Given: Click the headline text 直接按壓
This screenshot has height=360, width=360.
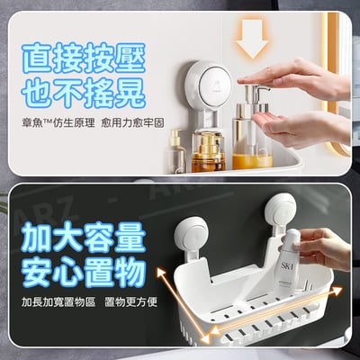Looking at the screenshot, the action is tap(84, 58).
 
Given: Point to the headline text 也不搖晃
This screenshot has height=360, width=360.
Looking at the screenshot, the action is tap(84, 93).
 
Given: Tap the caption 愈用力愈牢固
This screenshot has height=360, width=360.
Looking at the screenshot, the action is tap(133, 123).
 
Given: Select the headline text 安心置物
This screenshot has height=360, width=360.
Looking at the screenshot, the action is tap(84, 273).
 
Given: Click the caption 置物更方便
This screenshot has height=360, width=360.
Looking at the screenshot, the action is tap(131, 302).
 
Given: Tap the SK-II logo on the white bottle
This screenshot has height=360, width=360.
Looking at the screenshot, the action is tap(284, 266).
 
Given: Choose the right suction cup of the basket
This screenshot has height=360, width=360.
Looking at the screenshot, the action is tap(281, 211).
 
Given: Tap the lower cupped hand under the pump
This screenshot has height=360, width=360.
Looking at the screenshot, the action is tap(300, 129).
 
